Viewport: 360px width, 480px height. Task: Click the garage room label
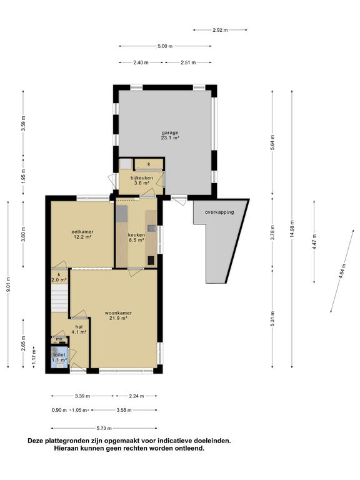pos(170,135)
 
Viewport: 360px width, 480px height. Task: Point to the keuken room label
pos(136,237)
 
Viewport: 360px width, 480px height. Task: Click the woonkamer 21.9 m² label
pos(118,316)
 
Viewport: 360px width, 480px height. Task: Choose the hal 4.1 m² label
pos(79,329)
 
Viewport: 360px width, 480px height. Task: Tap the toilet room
pos(59,357)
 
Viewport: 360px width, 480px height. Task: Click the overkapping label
pos(219,212)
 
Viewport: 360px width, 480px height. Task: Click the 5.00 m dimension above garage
pos(165,46)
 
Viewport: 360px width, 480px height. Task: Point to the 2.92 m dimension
pos(220,30)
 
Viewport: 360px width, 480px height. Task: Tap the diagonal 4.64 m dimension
pos(342,271)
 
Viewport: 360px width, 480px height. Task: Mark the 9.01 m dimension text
pos(8,284)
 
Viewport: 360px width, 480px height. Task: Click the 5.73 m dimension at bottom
pos(104,428)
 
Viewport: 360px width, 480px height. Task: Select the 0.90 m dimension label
pos(59,410)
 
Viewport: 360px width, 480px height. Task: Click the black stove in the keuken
pos(151,260)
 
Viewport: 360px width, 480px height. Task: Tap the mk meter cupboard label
pos(59,339)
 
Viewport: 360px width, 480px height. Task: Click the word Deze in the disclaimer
pos(36,441)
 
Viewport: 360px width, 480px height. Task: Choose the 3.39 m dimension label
pos(82,396)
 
